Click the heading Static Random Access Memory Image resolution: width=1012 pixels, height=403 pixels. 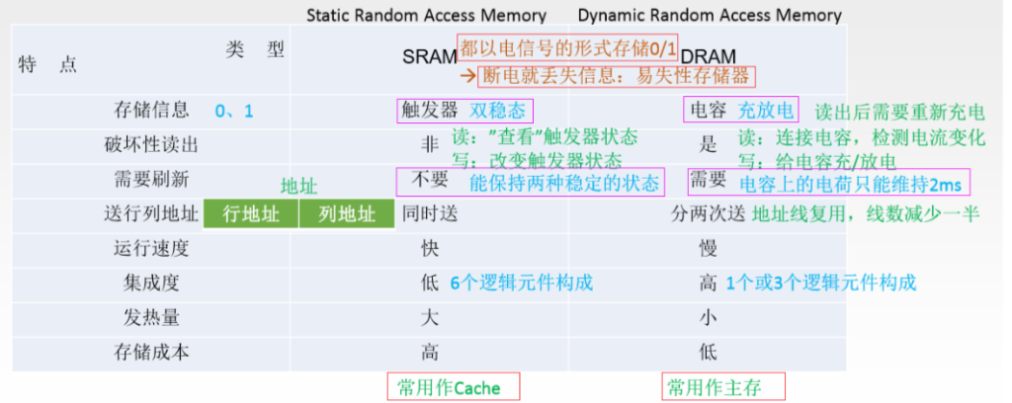point(426,15)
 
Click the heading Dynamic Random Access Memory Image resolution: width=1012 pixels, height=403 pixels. point(710,15)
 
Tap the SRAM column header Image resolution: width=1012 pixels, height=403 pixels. point(429,56)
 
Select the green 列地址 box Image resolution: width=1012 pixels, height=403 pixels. point(347,214)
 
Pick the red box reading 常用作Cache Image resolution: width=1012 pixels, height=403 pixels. point(454,387)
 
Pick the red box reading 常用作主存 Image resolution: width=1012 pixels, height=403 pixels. point(723,387)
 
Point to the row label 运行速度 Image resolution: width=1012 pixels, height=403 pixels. point(151,248)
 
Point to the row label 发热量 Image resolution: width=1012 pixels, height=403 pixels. point(151,318)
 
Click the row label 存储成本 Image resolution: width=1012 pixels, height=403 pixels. point(151,353)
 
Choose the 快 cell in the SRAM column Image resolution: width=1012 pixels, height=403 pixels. point(430,248)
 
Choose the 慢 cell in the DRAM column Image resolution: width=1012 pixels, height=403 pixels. point(708,248)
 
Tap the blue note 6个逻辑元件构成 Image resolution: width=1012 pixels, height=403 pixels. point(521,283)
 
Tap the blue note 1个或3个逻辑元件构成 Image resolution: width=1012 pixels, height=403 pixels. point(820,283)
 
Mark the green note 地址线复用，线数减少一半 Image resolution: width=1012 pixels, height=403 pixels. point(866,213)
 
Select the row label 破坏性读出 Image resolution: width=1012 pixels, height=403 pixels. point(151,145)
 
